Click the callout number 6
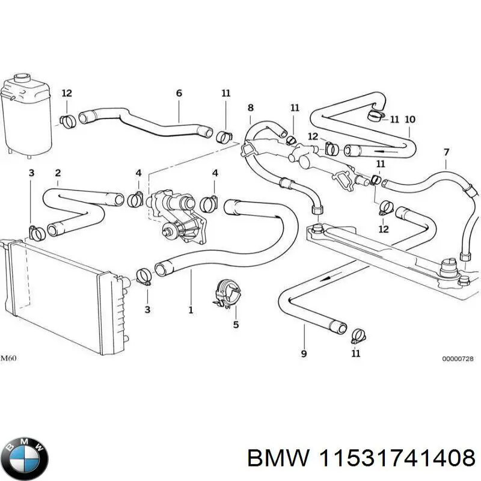[x=179, y=93]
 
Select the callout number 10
[x=410, y=119]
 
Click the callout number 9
[x=304, y=354]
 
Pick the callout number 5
[x=236, y=325]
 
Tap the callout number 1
[x=191, y=310]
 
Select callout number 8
[x=251, y=108]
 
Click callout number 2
[x=58, y=174]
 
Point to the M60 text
[x=9, y=359]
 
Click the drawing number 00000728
[x=458, y=359]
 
